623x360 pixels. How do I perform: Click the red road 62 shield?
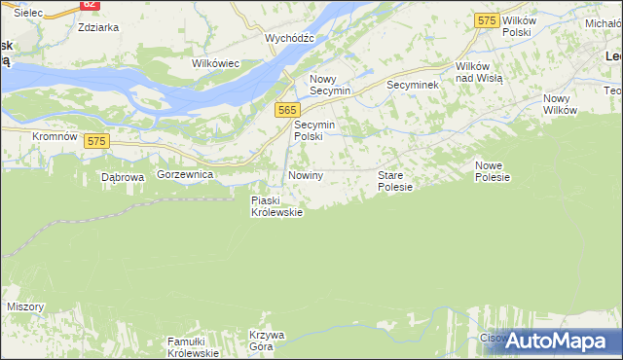(89, 4)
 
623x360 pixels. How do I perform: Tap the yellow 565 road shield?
(286, 111)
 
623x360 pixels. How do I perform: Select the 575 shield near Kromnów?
(95, 141)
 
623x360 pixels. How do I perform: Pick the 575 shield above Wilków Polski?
(488, 19)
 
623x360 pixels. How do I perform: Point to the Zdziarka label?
(98, 27)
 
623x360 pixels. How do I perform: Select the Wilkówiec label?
(216, 63)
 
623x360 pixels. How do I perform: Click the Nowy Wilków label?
(561, 104)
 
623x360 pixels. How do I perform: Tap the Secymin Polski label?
(314, 131)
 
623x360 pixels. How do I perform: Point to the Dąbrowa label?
(123, 178)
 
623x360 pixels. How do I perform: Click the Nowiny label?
(305, 175)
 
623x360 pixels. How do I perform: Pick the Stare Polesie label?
(395, 181)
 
